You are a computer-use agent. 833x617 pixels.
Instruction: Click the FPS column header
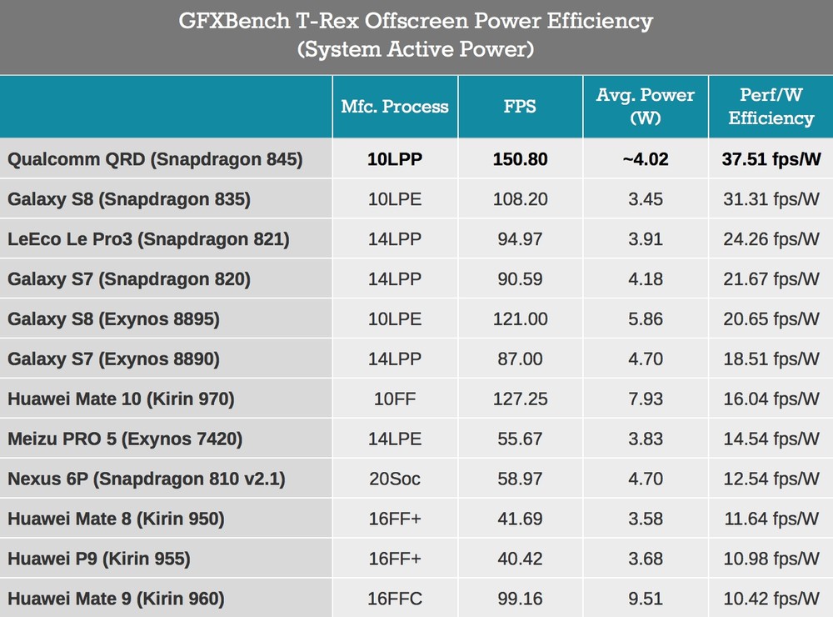tap(520, 107)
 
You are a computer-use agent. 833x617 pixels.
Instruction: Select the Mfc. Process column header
tap(395, 107)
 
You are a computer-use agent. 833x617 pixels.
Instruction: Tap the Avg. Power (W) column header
tap(645, 107)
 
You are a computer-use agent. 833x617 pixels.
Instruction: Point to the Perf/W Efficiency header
tap(771, 107)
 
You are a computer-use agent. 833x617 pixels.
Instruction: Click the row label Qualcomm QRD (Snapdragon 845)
tap(155, 159)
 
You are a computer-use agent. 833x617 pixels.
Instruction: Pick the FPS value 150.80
tap(520, 159)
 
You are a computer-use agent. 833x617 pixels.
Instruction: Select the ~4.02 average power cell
tap(645, 159)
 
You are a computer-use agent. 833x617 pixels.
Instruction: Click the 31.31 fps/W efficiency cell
tap(771, 199)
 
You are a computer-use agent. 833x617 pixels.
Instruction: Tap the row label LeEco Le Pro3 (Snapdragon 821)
tap(148, 239)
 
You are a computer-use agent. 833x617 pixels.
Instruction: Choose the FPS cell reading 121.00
tap(520, 319)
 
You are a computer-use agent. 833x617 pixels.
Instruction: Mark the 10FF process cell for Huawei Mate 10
tap(395, 399)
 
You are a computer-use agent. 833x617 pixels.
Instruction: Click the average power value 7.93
tap(645, 399)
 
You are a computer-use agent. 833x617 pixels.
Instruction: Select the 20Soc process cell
tap(395, 479)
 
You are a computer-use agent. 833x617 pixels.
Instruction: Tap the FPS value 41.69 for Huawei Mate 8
tap(520, 519)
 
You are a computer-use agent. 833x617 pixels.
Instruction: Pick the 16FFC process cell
tap(395, 599)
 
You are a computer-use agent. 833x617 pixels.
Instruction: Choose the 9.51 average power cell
tap(645, 599)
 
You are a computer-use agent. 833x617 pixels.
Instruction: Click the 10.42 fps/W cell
tap(771, 599)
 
